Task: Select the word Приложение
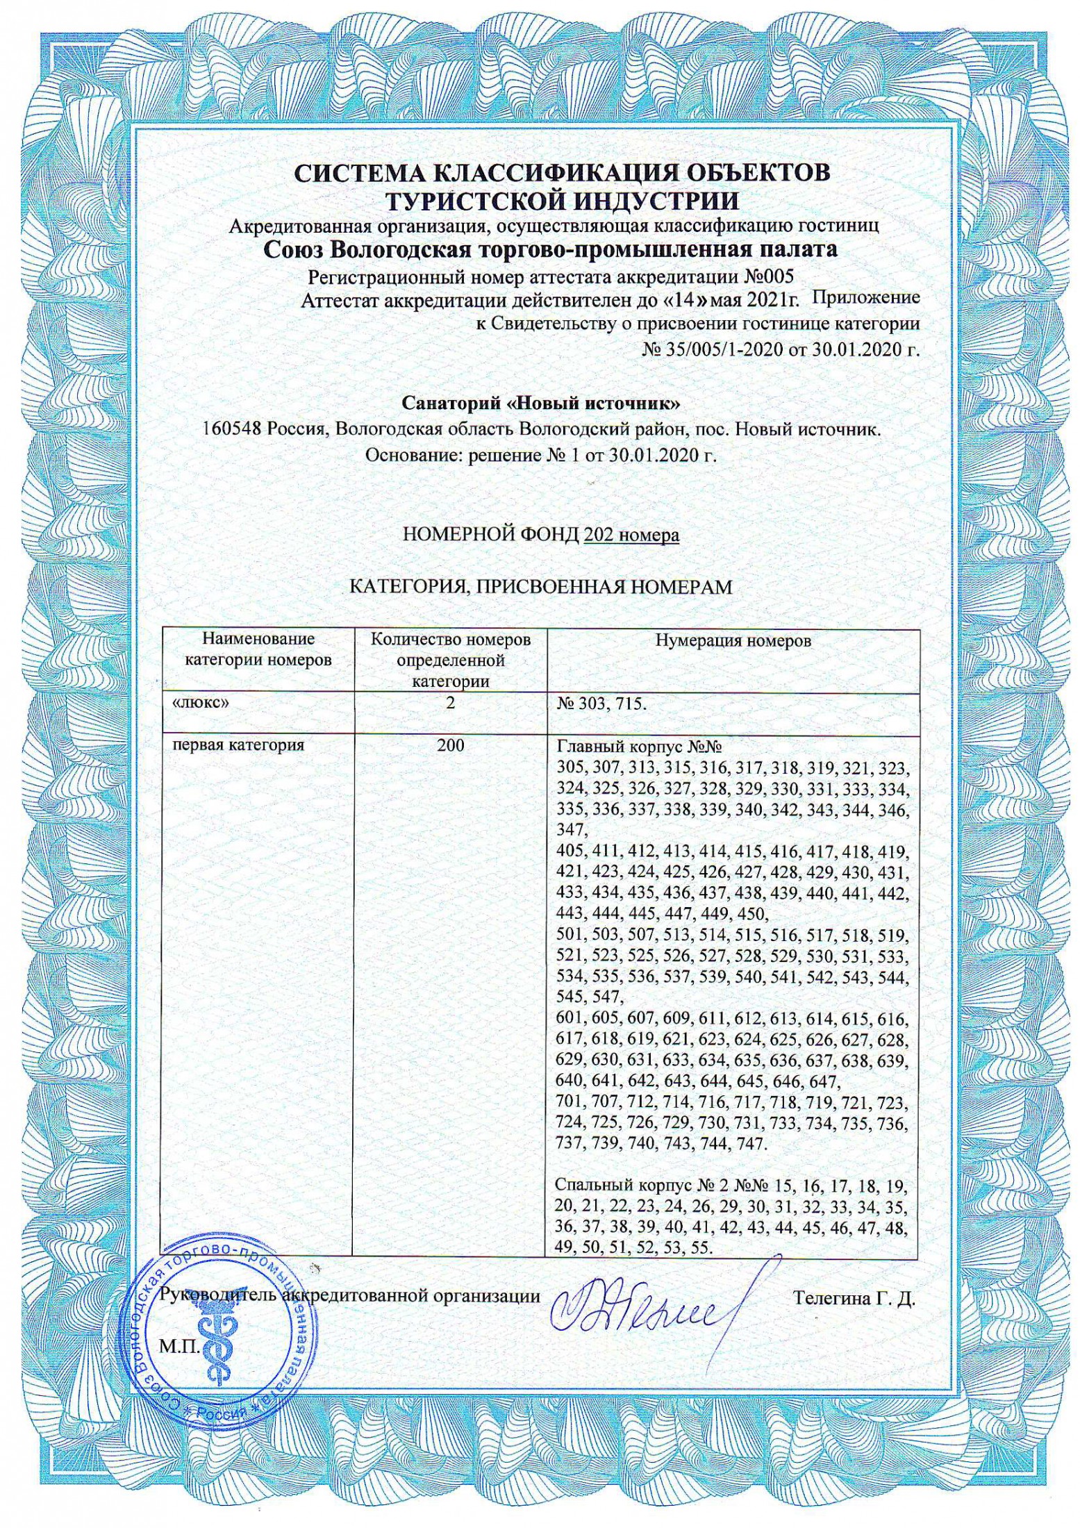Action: pos(865,298)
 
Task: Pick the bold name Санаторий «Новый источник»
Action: pos(541,404)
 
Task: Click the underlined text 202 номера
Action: pos(631,535)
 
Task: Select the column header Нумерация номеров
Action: pos(733,641)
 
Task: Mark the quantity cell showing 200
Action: pos(450,746)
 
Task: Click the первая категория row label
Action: pos(238,746)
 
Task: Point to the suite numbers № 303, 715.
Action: pos(601,704)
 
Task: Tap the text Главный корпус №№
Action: pos(639,748)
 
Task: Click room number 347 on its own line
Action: pos(572,831)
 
